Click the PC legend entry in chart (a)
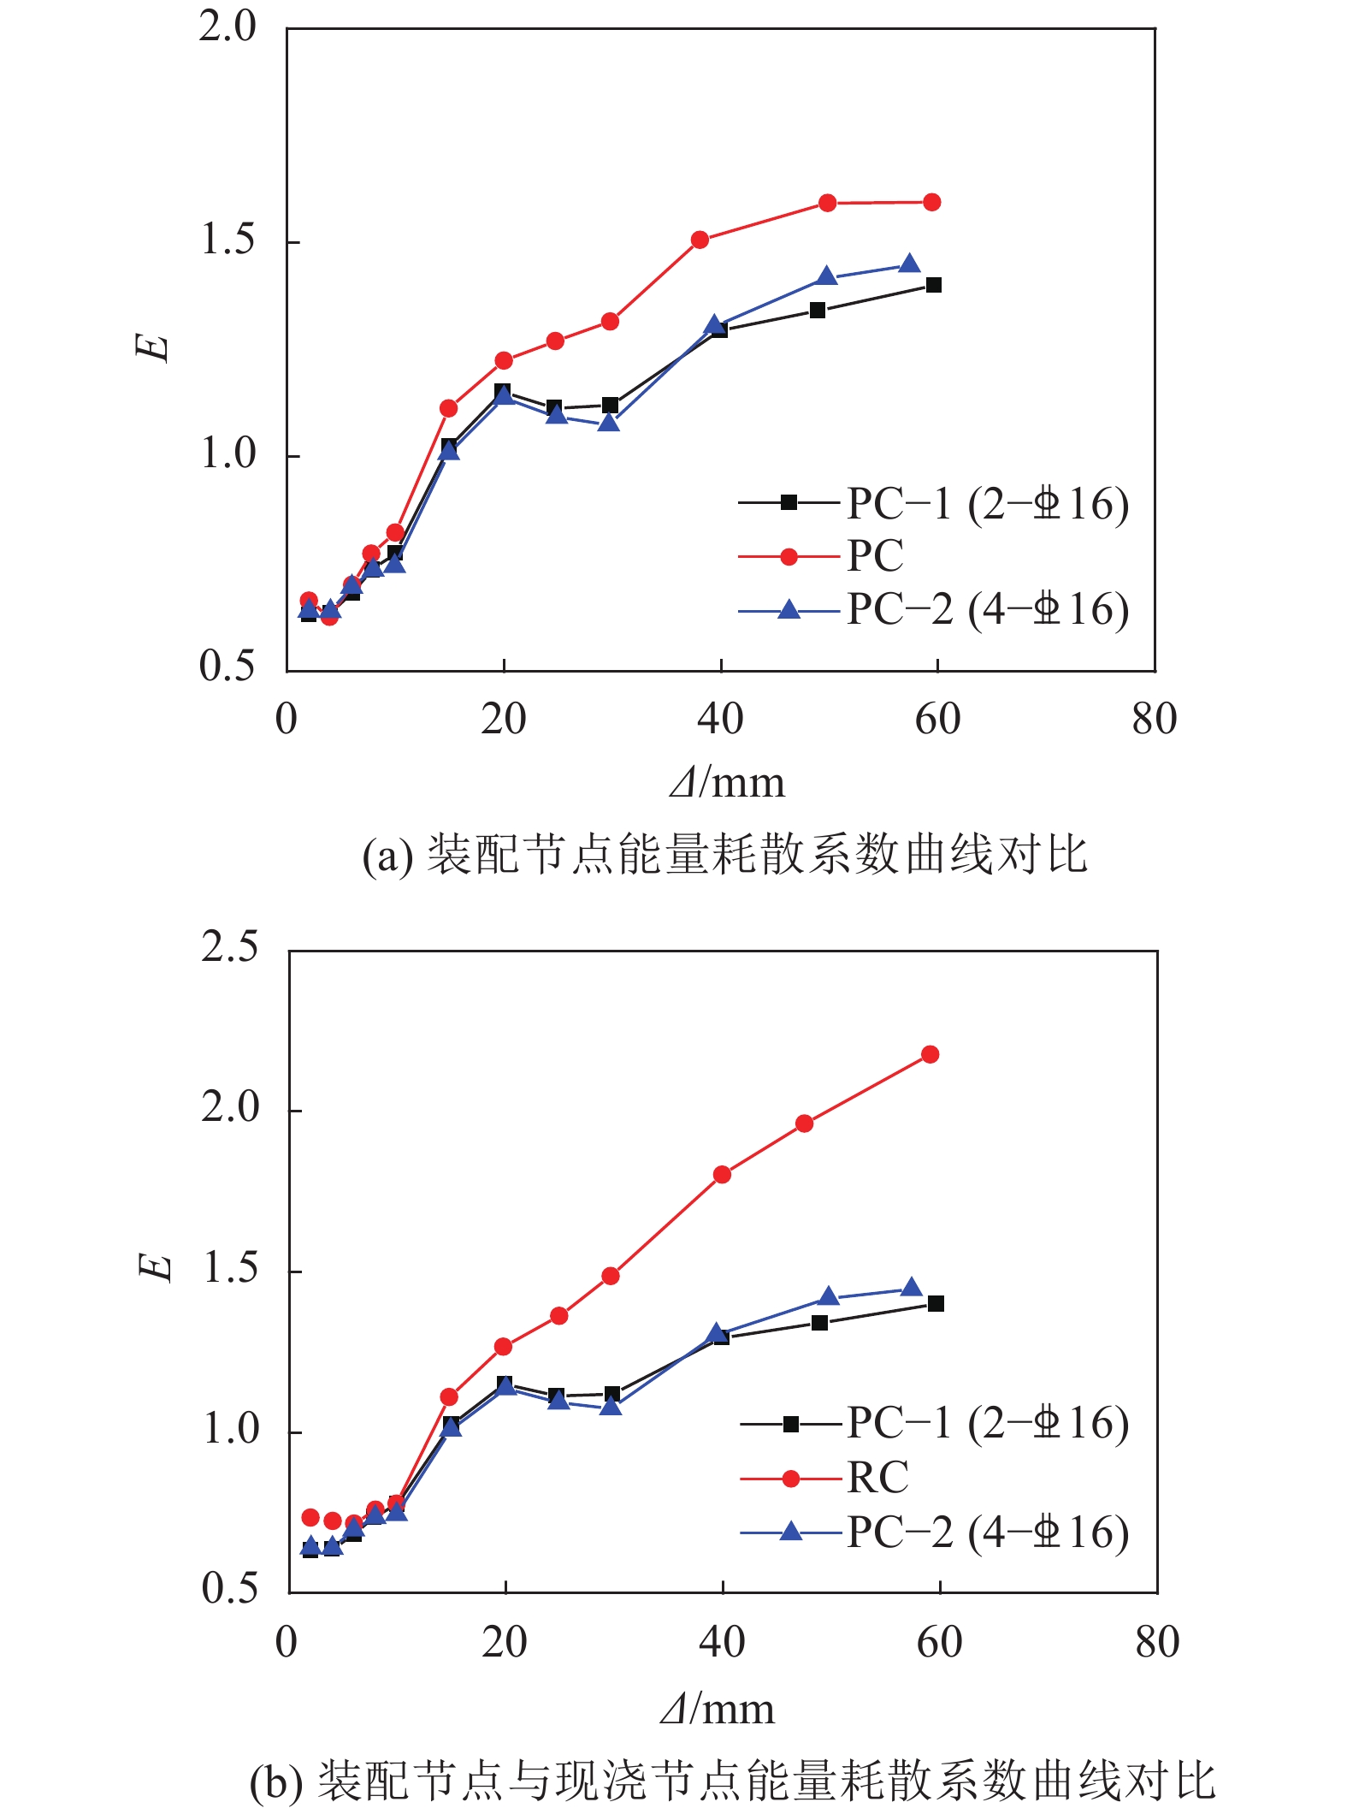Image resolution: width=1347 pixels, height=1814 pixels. click(874, 557)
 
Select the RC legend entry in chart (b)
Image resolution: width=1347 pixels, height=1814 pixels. click(877, 1478)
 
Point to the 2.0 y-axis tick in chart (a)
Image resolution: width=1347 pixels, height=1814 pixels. click(227, 27)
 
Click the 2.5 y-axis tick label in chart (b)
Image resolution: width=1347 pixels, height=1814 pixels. click(229, 948)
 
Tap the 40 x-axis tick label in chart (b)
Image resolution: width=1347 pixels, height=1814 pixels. click(722, 1642)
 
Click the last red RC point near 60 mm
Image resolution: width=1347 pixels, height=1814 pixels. click(930, 1054)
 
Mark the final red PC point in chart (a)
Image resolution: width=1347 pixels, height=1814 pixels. click(932, 202)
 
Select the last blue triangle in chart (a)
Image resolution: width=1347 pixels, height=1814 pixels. click(909, 264)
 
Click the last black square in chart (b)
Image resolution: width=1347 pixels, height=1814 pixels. click(936, 1303)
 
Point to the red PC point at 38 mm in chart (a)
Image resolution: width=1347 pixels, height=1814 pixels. click(700, 240)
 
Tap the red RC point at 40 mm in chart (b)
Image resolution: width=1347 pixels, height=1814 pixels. click(722, 1174)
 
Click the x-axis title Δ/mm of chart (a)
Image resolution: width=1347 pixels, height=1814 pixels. click(727, 782)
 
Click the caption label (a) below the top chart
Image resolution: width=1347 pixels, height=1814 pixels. click(387, 856)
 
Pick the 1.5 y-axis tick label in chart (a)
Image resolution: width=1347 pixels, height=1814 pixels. click(227, 240)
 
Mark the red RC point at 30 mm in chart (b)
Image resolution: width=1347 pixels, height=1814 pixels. click(610, 1276)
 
